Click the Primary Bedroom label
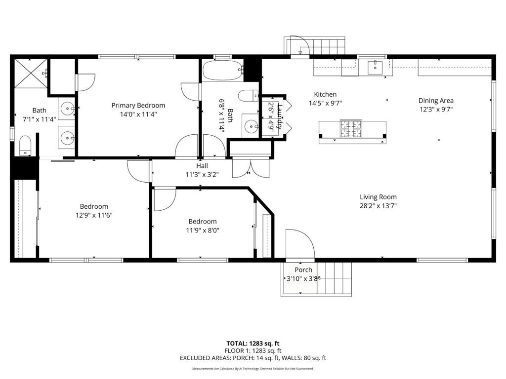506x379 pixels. click(x=138, y=106)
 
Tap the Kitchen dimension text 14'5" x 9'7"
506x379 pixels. click(x=325, y=103)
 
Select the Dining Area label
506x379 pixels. click(x=436, y=101)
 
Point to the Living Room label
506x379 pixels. click(x=378, y=197)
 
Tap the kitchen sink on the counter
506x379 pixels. click(x=375, y=68)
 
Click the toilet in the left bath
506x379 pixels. click(x=25, y=146)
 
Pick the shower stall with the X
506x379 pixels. click(x=31, y=73)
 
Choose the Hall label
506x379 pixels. click(x=202, y=166)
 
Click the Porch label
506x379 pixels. click(x=303, y=270)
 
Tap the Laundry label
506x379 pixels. click(x=280, y=116)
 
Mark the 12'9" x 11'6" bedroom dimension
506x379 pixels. click(x=94, y=215)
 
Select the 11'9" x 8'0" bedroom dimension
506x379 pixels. click(x=202, y=230)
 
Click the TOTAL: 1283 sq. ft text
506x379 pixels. click(x=253, y=343)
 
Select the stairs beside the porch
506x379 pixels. click(x=335, y=278)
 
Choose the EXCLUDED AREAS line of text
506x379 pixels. click(x=253, y=358)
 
